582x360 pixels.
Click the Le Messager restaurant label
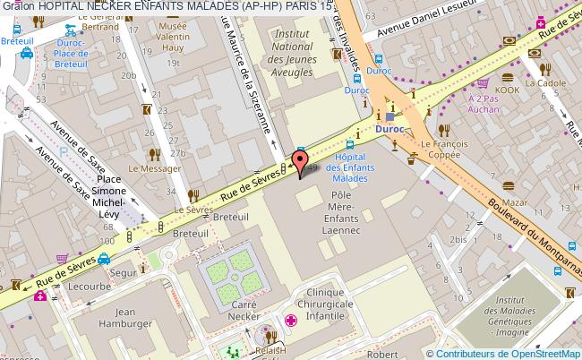coord(149,167)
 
